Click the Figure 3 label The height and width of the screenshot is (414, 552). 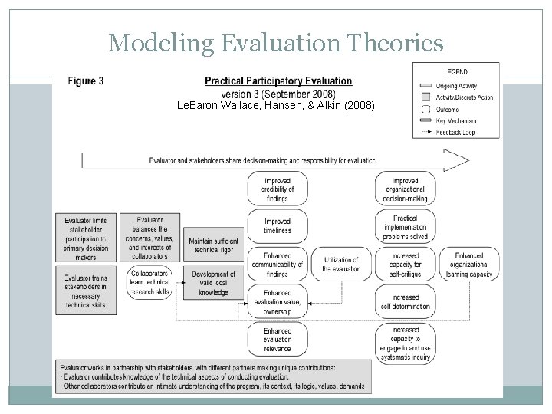tap(87, 80)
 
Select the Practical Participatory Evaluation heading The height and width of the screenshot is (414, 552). tap(278, 80)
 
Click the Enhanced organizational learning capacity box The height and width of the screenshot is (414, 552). tap(468, 264)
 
